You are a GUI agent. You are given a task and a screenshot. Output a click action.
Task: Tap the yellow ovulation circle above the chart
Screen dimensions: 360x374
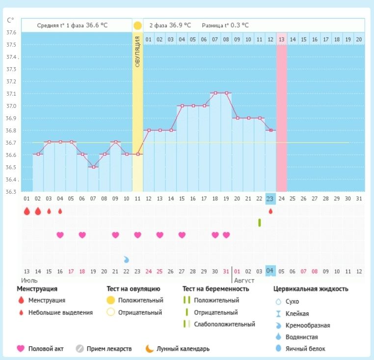137,25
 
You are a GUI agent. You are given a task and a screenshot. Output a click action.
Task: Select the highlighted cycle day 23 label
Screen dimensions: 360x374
270,199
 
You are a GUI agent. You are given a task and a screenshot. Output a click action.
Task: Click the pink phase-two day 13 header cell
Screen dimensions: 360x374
281,39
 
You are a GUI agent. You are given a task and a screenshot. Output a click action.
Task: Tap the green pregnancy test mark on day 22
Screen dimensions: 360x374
259,223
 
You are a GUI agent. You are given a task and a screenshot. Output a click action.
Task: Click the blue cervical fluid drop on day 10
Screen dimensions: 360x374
127,259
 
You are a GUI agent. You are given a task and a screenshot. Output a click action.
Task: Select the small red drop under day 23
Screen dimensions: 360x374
270,211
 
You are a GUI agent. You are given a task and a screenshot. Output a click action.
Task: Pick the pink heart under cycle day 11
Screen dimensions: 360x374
137,235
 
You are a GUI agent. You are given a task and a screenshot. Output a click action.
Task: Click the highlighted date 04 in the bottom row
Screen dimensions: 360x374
270,271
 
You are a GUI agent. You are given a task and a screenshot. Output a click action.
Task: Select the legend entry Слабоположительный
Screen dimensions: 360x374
224,324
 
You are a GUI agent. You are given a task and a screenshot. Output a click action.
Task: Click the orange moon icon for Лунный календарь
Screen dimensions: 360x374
149,349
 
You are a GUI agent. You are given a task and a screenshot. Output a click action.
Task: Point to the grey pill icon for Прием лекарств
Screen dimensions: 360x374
80,349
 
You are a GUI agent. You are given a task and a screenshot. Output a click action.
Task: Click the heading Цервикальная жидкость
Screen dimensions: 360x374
311,289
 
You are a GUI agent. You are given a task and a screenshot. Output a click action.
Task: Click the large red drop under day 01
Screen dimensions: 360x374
27,211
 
